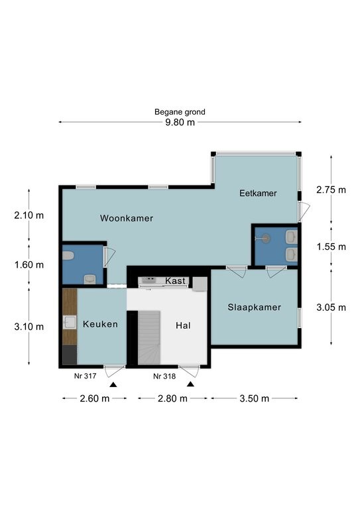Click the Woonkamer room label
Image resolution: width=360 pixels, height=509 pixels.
click(x=126, y=218)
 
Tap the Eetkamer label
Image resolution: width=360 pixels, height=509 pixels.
click(x=258, y=193)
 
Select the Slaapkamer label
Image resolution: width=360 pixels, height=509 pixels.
click(x=254, y=307)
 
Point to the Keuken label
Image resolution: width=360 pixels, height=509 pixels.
click(x=100, y=324)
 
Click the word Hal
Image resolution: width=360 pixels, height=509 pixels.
click(x=183, y=325)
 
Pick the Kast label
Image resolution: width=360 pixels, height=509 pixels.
click(x=175, y=281)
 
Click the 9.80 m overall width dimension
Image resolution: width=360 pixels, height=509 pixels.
click(x=180, y=122)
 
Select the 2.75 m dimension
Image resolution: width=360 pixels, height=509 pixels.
click(x=331, y=190)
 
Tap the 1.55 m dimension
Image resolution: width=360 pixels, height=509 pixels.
click(x=331, y=247)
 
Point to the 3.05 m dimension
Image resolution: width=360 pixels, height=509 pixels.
click(x=331, y=307)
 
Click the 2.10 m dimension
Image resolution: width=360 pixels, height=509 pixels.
click(x=29, y=215)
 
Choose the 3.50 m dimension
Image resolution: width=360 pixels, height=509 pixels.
click(x=254, y=398)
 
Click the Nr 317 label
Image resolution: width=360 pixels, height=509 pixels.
click(x=86, y=376)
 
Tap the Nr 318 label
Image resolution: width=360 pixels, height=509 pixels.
click(x=164, y=376)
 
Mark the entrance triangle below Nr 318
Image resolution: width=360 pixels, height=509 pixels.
click(x=190, y=384)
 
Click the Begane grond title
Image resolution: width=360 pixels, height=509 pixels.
click(x=180, y=112)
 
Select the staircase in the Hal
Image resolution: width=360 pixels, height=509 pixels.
click(x=149, y=337)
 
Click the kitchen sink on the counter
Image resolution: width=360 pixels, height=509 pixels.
click(x=69, y=322)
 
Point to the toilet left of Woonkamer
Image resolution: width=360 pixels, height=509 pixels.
click(x=68, y=256)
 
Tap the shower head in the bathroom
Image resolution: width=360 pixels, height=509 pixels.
click(x=266, y=239)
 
